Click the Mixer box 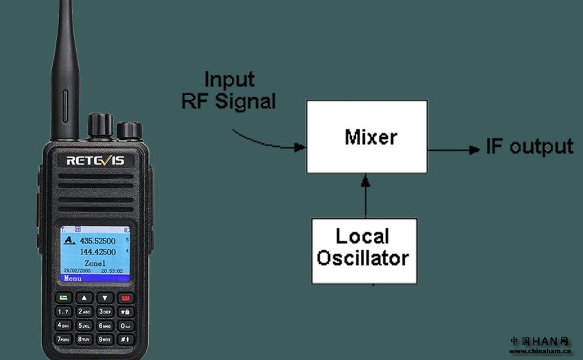pos(366,136)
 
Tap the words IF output pos(529,146)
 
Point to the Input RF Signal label pos(229,90)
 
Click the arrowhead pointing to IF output pos(473,149)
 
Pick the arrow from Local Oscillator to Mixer pos(366,199)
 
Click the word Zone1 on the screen pos(95,263)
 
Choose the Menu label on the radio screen pos(73,278)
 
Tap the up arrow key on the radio pos(84,298)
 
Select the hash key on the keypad pos(125,339)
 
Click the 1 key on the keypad pos(63,311)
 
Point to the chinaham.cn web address pos(540,351)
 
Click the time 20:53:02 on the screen pos(111,271)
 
